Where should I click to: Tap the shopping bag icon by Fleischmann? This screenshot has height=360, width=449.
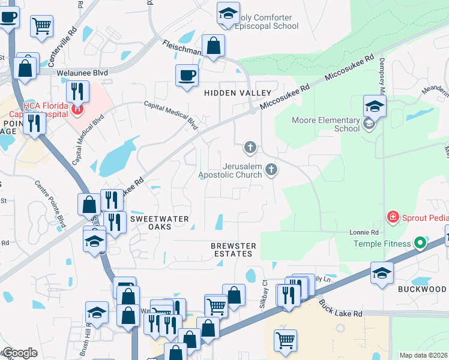coord(213,46)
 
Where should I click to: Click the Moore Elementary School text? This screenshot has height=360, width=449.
coord(325,124)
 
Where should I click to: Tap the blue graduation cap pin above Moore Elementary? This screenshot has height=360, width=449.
coord(375,107)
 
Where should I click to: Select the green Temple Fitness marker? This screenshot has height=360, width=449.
coord(420,244)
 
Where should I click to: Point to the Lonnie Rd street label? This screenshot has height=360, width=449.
coord(364,232)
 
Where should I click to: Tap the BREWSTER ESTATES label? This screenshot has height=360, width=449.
coord(234,250)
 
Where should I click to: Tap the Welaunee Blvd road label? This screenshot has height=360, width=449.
coord(82,73)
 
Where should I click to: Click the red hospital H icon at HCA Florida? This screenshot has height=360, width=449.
coord(77,109)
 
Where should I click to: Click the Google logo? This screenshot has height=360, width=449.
coord(20,353)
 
